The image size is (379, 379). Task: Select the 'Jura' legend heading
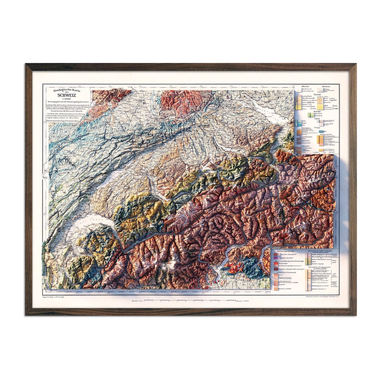click(317, 119)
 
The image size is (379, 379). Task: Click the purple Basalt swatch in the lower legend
click(275, 258)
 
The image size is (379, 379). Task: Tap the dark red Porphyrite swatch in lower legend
click(275, 269)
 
